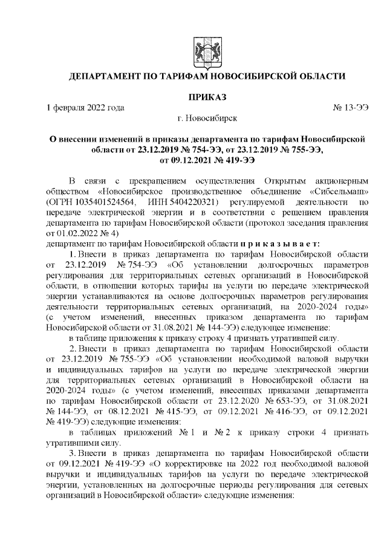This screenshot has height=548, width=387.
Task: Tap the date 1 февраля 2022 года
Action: [85, 107]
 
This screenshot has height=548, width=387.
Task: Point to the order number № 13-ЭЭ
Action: [351, 107]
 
